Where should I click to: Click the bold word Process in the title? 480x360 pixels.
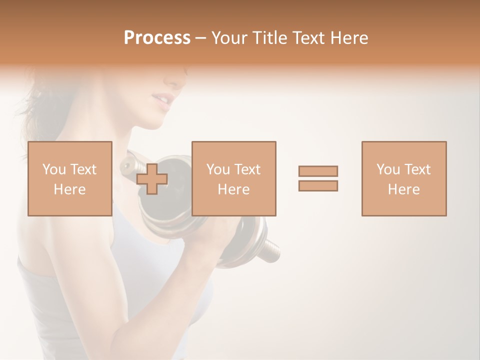point(157,38)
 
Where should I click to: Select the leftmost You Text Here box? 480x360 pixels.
point(70,178)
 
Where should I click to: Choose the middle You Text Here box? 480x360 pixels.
point(234,178)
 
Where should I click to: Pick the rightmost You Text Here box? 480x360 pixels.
point(404,178)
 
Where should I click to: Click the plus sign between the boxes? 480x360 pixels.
point(152,178)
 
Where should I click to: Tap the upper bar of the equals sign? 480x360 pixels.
point(318,171)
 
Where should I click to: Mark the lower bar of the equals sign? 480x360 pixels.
point(318,185)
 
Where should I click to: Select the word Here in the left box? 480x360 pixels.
point(69,189)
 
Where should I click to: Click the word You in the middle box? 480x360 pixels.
point(218,169)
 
